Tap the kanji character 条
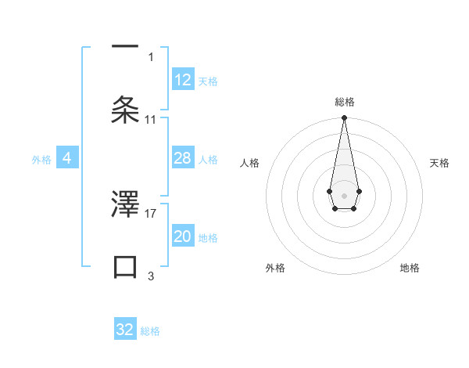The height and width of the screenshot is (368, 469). [125, 108]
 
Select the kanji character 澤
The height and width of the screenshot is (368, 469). [125, 204]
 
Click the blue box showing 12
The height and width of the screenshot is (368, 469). [183, 80]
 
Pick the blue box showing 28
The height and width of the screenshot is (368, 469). [183, 159]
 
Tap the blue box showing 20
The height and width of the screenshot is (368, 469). [183, 236]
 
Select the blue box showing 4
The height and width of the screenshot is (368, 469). [67, 159]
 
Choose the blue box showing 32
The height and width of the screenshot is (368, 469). [125, 330]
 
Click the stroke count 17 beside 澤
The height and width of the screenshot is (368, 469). [151, 212]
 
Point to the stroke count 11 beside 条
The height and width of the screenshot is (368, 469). [151, 119]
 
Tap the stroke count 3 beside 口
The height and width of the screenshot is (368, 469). [151, 276]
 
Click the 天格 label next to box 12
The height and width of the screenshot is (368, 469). [208, 81]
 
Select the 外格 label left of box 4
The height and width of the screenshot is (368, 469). [41, 160]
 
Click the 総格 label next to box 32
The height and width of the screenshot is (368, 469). [150, 331]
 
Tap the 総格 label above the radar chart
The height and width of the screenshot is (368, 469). [344, 102]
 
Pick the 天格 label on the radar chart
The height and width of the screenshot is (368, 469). [439, 163]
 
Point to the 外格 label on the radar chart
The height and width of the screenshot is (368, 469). [275, 268]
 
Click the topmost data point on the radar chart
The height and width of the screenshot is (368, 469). [344, 118]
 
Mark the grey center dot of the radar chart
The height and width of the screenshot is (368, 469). [344, 194]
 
